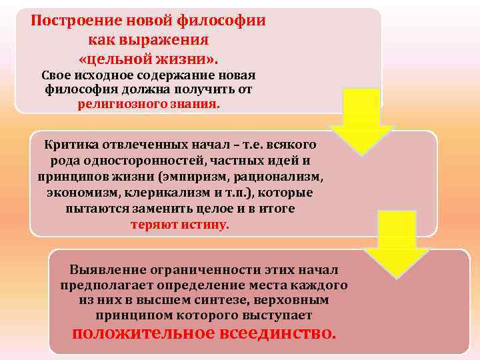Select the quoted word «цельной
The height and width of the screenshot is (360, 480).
pos(115,58)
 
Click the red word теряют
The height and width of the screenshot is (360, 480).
pos(153,225)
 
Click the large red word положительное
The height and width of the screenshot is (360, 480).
pos(142,333)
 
